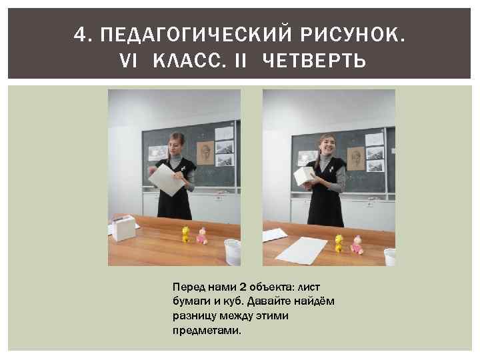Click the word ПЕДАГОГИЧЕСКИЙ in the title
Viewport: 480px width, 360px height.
[x=196, y=34]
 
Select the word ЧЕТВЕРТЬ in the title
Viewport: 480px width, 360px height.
[x=314, y=60]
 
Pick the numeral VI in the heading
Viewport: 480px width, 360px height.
[x=128, y=60]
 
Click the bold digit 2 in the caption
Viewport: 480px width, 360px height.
[x=243, y=287]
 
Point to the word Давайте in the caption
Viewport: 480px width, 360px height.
[x=269, y=301]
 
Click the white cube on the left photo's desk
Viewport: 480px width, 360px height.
[x=123, y=228]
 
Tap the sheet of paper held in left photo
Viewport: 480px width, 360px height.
[x=166, y=180]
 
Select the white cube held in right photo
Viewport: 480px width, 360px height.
[x=304, y=176]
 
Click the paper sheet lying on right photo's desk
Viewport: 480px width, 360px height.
[x=301, y=251]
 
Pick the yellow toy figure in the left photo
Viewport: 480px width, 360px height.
[x=185, y=235]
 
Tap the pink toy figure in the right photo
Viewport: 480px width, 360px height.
[x=357, y=245]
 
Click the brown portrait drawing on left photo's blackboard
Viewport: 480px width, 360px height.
[x=205, y=153]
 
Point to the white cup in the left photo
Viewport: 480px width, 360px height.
[x=233, y=252]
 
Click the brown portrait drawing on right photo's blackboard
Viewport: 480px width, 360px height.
[x=356, y=158]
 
